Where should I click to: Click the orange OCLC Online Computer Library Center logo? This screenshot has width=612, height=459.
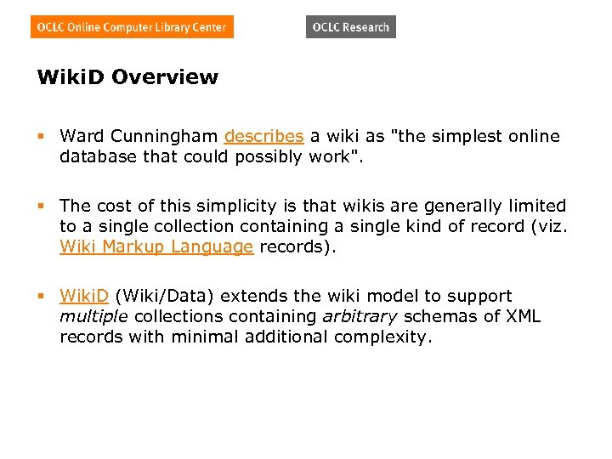(132, 27)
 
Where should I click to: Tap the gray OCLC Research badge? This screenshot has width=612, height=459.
(350, 27)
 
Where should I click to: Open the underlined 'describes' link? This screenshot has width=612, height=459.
(263, 136)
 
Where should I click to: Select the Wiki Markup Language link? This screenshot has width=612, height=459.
(156, 246)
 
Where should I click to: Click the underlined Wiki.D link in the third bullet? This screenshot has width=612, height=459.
(84, 296)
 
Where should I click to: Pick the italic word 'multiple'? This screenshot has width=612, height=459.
(94, 316)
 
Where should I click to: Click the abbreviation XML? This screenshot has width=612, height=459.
(524, 316)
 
